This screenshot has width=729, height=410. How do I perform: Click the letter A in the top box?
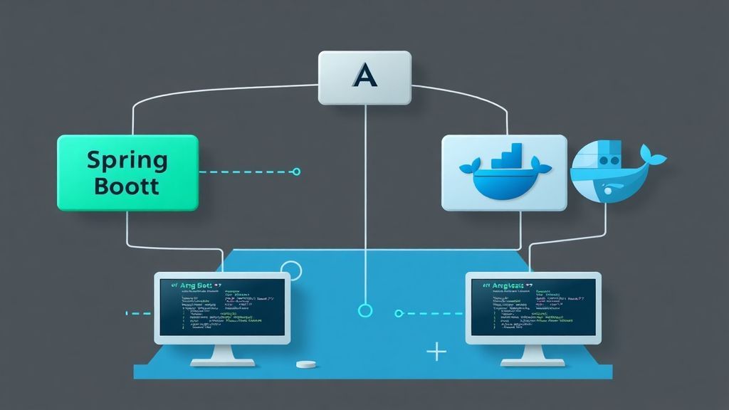coord(364,75)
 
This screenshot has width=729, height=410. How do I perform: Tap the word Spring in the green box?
coord(126,159)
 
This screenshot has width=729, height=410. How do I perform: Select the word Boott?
coord(126,186)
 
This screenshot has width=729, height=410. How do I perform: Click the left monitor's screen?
coord(222,306)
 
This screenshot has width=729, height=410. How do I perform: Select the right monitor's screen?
coord(533,306)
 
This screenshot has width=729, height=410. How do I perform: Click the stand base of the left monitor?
coord(222,362)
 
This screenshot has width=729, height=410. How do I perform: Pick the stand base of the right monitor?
coord(533,362)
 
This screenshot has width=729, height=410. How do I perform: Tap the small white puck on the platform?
coord(306,364)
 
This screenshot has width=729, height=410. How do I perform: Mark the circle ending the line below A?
coord(365,310)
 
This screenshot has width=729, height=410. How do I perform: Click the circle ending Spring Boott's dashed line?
coord(297,172)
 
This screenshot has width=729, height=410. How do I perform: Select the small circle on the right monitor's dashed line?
coord(399,312)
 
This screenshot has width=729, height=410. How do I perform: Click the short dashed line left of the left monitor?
coord(138,312)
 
